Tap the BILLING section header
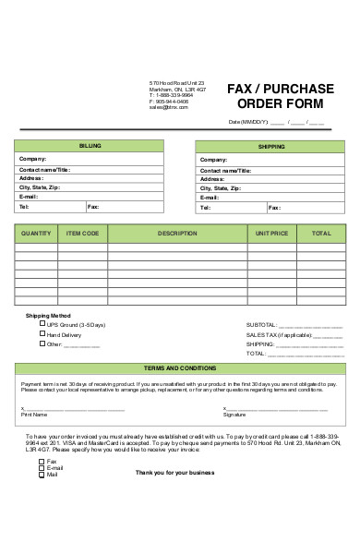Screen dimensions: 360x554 tap(90, 146)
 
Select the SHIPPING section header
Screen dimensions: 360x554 tap(271, 146)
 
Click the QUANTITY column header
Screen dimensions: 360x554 tap(36, 234)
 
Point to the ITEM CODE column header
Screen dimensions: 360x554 tap(83, 234)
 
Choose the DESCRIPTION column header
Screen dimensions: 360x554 tap(177, 234)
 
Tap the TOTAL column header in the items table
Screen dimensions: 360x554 tap(321, 234)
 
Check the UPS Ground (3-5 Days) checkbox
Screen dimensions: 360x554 tap(42, 324)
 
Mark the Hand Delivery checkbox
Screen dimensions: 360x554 tap(42, 333)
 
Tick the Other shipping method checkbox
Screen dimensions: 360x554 tap(42, 343)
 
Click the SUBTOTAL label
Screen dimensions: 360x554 tap(261, 325)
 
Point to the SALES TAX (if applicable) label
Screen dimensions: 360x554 tap(276, 334)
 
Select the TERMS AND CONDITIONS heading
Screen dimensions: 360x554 tap(180, 367)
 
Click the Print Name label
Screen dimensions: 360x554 tap(33, 415)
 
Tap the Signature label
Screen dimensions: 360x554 tap(234, 415)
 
